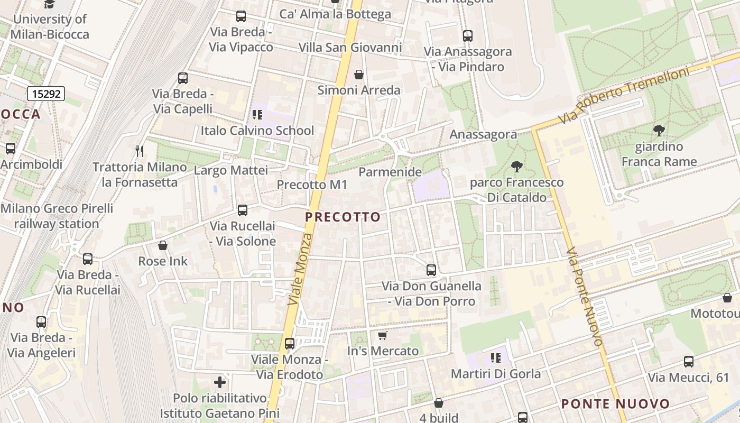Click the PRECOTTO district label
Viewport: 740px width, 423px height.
coord(343,217)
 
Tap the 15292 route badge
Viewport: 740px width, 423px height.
coord(46,94)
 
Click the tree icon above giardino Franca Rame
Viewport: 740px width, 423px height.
coord(659,131)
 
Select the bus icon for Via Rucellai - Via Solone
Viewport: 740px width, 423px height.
coord(243,210)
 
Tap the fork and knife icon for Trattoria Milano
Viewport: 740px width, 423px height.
coord(140,151)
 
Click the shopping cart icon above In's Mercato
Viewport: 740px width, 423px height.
coord(383,335)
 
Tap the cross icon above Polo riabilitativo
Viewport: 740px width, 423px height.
coord(220,382)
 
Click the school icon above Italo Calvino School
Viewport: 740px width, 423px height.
coord(257,115)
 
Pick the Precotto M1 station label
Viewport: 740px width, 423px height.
coord(312,185)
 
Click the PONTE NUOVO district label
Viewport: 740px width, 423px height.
coord(615,404)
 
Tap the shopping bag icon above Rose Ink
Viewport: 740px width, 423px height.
coord(163,245)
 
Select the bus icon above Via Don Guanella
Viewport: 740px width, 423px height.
coord(431,270)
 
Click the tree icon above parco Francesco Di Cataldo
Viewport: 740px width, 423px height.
coord(516,167)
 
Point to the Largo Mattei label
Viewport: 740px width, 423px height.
coord(230,170)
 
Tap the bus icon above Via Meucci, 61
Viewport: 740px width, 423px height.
coord(688,362)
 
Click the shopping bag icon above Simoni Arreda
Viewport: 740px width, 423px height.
coord(359,75)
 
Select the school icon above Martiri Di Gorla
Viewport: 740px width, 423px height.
coord(495,358)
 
